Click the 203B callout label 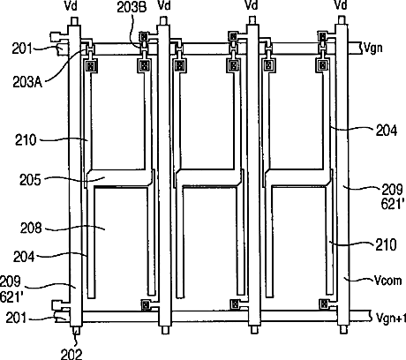[x=132, y=8]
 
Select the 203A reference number [x=27, y=82]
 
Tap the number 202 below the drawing [x=71, y=354]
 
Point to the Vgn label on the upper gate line [x=373, y=47]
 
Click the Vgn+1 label [x=391, y=318]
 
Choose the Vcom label [x=387, y=281]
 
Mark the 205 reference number [x=30, y=180]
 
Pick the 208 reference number [x=31, y=228]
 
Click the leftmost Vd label [x=71, y=5]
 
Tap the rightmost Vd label [x=341, y=5]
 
